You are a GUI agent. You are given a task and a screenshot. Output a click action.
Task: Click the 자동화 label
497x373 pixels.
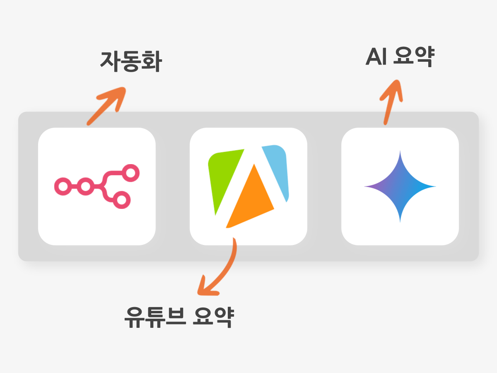pos(131,62)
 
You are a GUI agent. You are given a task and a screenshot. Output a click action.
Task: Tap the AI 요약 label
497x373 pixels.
pos(400,57)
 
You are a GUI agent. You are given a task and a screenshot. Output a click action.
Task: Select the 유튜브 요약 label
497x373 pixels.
pos(179,317)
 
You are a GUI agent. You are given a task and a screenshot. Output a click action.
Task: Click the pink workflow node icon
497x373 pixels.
pos(97,186)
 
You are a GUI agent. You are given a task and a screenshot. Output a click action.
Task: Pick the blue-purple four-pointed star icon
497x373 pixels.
pos(400,186)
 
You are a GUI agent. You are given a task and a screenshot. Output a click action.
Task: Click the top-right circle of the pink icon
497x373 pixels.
pos(130,173)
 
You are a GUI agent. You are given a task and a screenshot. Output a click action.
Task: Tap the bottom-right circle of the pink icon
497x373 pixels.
pos(122,200)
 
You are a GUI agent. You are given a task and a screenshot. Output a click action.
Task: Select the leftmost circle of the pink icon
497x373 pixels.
pos(63,186)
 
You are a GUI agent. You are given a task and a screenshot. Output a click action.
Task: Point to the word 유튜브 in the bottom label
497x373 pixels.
pos(155,317)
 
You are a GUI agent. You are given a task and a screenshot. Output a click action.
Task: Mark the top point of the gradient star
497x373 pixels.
pos(400,150)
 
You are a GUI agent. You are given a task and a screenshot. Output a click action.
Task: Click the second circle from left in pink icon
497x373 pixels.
pos(86,186)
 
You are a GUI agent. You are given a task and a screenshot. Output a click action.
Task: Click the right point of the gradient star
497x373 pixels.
pos(436,186)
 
